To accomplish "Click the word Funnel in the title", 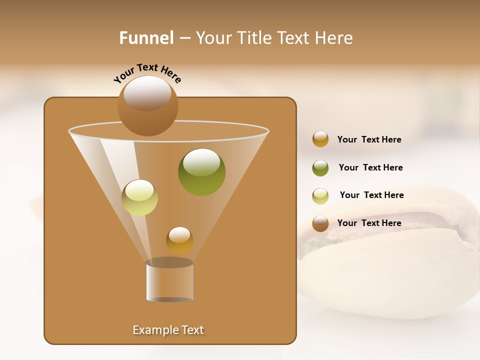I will (146, 38).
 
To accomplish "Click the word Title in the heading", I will (255, 38).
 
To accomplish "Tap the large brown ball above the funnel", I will (147, 105).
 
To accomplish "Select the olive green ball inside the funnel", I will (201, 171).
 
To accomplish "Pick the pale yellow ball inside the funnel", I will (139, 197).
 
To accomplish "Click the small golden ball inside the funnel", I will (179, 240).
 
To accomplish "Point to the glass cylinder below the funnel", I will (169, 281).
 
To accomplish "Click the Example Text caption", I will (168, 330).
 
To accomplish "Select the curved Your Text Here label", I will (147, 73).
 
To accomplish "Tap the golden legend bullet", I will (320, 139).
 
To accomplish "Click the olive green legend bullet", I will (320, 168).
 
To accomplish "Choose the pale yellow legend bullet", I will (320, 196).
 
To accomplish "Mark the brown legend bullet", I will (320, 223).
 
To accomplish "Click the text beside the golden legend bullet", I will (369, 139).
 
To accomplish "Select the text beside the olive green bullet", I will (370, 167).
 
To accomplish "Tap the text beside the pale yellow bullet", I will (371, 195).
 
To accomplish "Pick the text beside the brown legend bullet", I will (369, 223).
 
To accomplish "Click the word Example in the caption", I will (153, 330).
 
